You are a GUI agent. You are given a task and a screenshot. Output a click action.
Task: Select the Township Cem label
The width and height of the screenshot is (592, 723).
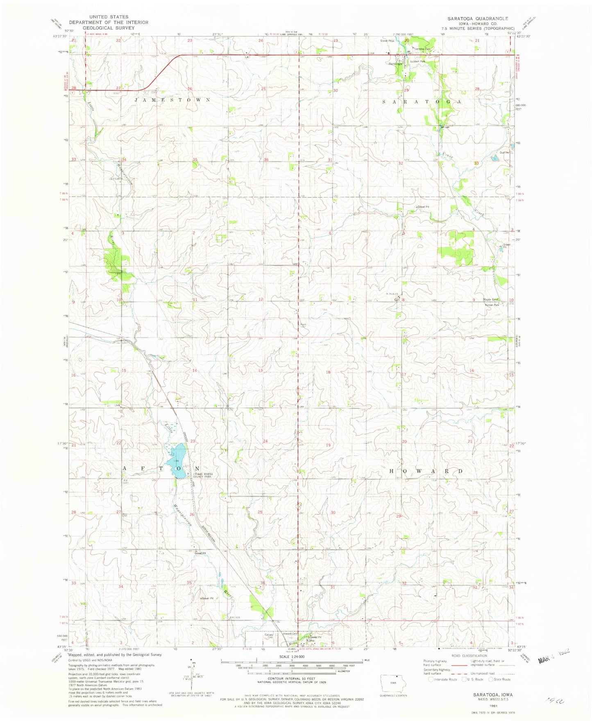pos(422,49)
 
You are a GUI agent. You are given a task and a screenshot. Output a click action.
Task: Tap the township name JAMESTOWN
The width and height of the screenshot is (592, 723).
pos(173,100)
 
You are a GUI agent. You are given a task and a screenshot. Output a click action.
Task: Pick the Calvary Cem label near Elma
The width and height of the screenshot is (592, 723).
pos(269,636)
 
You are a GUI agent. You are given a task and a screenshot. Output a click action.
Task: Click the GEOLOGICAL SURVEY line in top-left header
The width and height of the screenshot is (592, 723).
pos(109,28)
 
